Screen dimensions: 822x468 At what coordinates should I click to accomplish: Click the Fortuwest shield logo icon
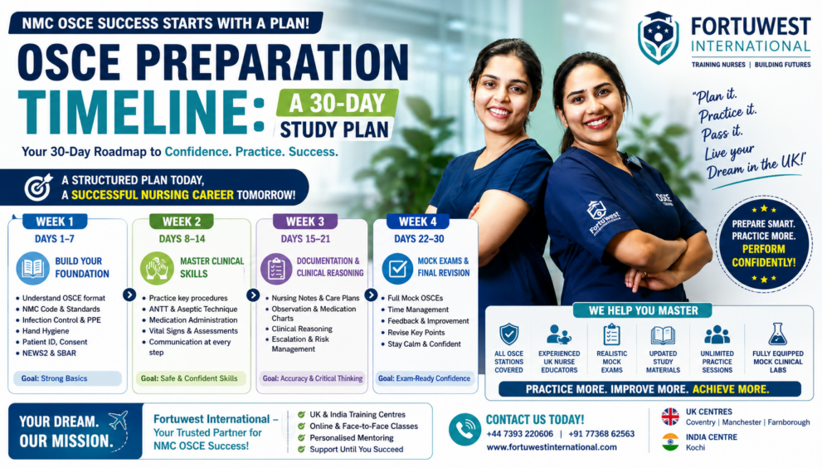point(659,38)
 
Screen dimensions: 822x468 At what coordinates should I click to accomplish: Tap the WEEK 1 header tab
point(55,222)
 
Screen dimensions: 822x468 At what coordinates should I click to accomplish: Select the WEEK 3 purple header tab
point(305,222)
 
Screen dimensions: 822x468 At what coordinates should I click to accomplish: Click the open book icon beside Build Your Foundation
point(32,268)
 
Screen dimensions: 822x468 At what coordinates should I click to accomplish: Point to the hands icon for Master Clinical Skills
point(157,268)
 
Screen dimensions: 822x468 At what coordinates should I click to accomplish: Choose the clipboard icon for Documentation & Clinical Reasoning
point(276,269)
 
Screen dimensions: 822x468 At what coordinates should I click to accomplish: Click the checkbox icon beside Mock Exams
point(396,269)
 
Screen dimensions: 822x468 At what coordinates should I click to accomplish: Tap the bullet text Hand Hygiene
point(45,331)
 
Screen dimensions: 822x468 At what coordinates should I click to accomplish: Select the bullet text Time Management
point(418,310)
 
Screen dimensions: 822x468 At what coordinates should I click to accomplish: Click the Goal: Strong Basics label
point(55,378)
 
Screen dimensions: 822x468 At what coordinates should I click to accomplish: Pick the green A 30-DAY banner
point(337,103)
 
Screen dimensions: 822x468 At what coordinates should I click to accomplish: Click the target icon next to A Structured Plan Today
point(39,188)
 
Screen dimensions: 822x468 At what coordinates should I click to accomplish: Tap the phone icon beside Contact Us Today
point(465,429)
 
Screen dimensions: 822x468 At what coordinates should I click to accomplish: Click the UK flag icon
point(670,417)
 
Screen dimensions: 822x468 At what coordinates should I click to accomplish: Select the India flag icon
point(670,441)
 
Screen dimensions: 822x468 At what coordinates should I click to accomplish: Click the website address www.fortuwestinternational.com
point(552,447)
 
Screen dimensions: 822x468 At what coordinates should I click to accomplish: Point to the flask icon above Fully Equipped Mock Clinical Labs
point(777,334)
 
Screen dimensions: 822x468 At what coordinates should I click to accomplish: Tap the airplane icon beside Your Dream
point(118,420)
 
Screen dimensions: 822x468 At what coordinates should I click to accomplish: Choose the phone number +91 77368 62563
point(601,434)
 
